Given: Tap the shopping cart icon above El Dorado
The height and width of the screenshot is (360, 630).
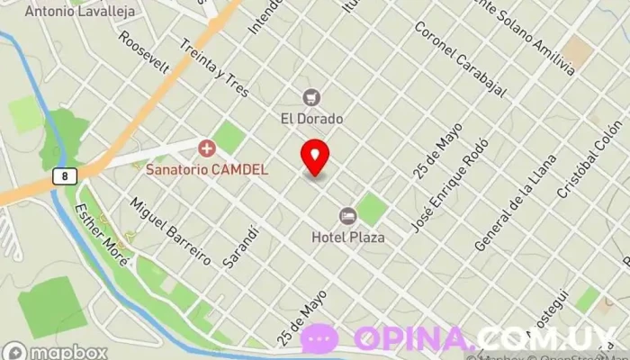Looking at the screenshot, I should click(312, 97).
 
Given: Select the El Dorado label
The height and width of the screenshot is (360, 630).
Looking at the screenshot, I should click(312, 118).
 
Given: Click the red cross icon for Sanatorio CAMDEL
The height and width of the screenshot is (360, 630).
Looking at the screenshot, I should click(207, 147).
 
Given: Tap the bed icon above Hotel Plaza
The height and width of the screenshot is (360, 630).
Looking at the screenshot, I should click(347, 216).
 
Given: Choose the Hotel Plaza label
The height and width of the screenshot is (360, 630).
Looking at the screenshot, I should click(347, 238).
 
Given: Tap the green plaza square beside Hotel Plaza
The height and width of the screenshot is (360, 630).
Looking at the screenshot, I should click(371, 209).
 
